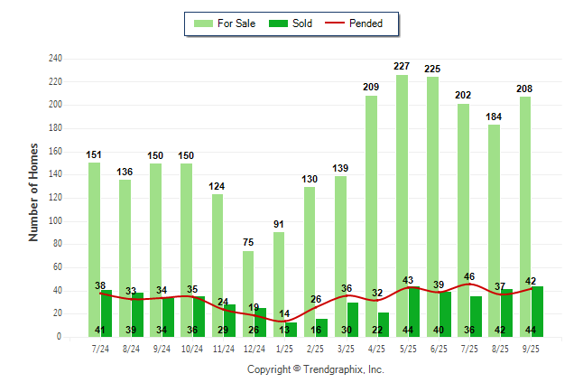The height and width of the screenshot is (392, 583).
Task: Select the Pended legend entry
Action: coord(361,23)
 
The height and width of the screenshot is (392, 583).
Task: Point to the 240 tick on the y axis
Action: coord(56,59)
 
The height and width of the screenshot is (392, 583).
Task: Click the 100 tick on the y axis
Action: coord(56,221)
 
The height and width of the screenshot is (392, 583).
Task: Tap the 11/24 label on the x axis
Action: coord(223,349)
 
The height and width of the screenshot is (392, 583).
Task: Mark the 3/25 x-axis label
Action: coord(346,349)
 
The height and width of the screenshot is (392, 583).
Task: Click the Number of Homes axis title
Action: coord(34,191)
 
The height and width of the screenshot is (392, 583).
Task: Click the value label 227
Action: coord(402,66)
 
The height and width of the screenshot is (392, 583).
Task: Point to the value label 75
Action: coord(248,242)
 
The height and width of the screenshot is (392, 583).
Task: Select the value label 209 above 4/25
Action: coord(371,87)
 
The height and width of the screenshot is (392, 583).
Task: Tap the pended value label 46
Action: coord(469,277)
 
